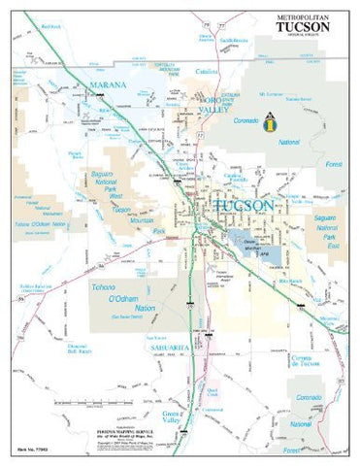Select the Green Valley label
coord(174,419)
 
